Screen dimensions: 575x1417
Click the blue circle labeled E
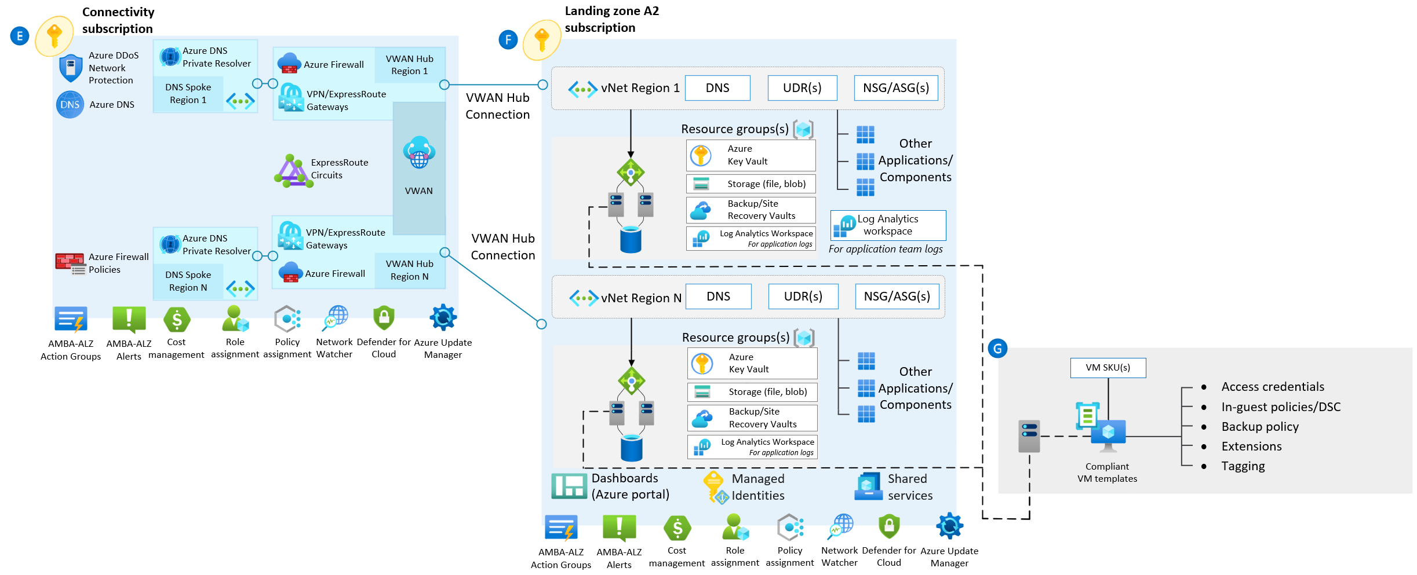click(x=20, y=36)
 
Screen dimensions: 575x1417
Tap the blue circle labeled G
click(x=997, y=349)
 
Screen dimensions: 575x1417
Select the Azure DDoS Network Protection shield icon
click(x=71, y=68)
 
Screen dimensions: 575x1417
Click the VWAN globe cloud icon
click(x=419, y=152)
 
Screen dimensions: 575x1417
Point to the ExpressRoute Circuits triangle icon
click(x=293, y=171)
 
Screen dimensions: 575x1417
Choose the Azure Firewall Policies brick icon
click(x=70, y=263)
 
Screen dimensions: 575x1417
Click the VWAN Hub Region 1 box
click(x=410, y=65)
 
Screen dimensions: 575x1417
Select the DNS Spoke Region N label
click(x=188, y=281)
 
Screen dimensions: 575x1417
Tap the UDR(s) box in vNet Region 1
click(x=802, y=88)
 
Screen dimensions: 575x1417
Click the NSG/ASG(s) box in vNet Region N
click(x=897, y=296)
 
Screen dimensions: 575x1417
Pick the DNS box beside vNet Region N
click(x=718, y=296)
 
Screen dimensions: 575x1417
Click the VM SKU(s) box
click(x=1108, y=368)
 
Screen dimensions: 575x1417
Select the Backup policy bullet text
click(x=1260, y=427)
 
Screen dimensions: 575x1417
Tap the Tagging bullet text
click(x=1243, y=466)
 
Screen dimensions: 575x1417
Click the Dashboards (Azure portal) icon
click(x=569, y=486)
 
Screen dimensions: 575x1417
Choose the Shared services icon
click(x=868, y=486)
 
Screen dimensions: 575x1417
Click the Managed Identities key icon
click(x=715, y=486)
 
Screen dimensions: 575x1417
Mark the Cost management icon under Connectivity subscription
click(x=177, y=319)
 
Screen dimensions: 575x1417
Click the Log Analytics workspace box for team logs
click(x=888, y=225)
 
